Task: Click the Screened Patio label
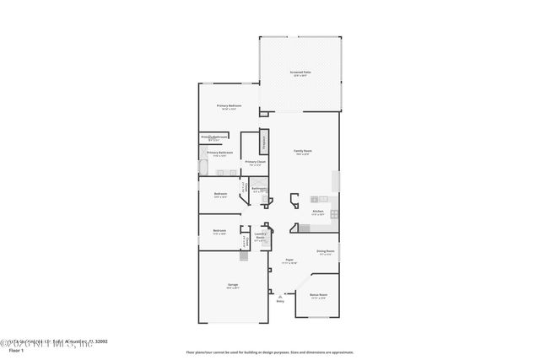(x=301, y=72)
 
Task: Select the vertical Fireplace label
(x=263, y=142)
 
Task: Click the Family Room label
(x=302, y=151)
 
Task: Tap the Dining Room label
(x=325, y=251)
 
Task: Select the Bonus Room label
(x=318, y=295)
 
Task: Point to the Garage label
(x=232, y=285)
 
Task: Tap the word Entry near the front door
(x=279, y=300)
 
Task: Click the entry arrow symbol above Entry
(x=279, y=294)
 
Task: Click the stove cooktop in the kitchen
(x=334, y=214)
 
